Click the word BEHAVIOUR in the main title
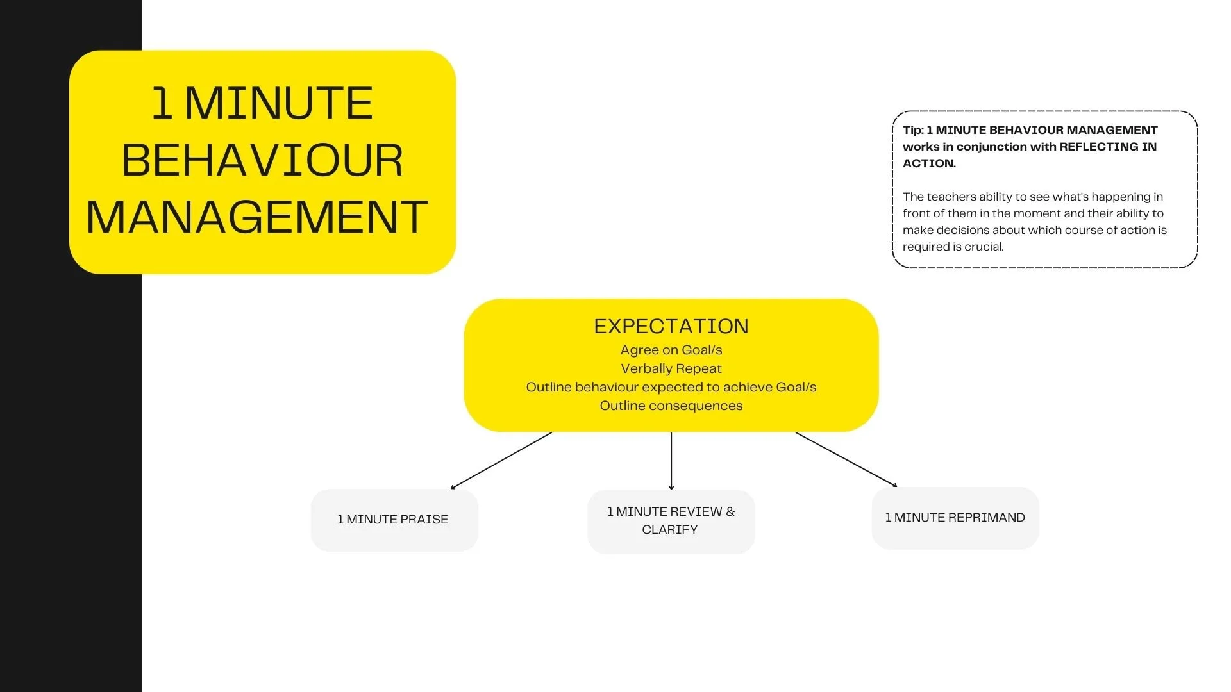click(x=262, y=160)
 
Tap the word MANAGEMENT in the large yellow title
click(x=257, y=218)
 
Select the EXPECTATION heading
click(x=671, y=327)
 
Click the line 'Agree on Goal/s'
click(x=671, y=350)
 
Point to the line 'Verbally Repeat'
click(x=671, y=369)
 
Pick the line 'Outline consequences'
click(x=671, y=406)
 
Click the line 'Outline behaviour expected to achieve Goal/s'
click(x=671, y=388)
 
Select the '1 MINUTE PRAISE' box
click(x=394, y=520)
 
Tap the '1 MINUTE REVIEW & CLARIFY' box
click(x=671, y=521)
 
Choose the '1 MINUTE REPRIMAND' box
click(x=955, y=518)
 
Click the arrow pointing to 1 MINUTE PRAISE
click(x=501, y=461)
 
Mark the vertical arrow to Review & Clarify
click(x=671, y=461)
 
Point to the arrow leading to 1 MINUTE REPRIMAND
click(x=846, y=459)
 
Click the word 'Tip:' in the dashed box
click(x=913, y=130)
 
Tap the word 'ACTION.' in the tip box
click(x=929, y=163)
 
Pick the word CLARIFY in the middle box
click(x=669, y=530)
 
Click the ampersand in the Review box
click(x=730, y=512)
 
